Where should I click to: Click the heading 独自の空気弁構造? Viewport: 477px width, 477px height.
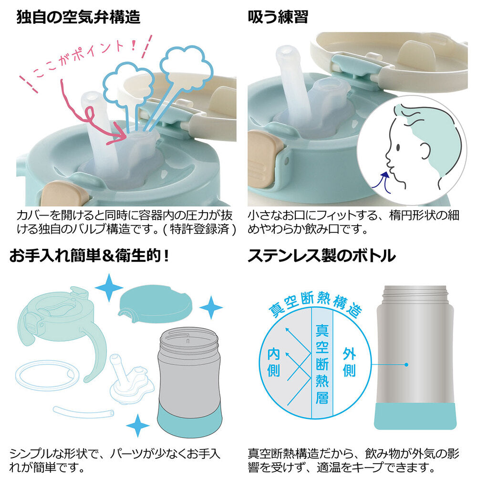tap(78, 17)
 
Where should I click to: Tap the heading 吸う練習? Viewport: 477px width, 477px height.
tap(278, 17)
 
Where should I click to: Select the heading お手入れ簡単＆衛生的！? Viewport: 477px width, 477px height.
tap(89, 256)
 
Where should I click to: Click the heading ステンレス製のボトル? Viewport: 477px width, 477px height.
tap(321, 256)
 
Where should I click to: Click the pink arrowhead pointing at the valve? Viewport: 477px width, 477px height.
tap(119, 135)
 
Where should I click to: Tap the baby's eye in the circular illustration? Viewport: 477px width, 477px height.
tap(398, 147)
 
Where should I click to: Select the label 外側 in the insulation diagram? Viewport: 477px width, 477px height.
tap(349, 362)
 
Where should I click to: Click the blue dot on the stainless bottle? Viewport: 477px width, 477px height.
tap(406, 364)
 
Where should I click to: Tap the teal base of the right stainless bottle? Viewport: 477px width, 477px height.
tap(415, 416)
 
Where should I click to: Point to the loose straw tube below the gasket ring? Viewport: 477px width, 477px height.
tap(83, 412)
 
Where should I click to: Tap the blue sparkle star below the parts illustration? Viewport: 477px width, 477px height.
tap(137, 425)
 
